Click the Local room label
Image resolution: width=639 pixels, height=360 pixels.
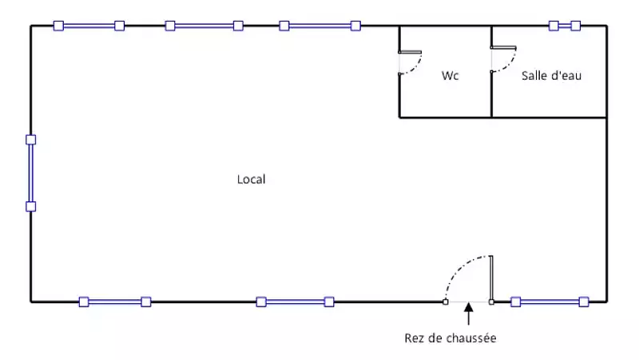pos(251,180)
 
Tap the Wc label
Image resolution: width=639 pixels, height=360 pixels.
pos(449,76)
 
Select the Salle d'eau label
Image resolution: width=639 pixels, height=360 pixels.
pos(551,76)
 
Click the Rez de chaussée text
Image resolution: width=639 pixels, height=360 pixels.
pos(450,338)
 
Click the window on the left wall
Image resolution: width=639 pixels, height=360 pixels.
pos(31,173)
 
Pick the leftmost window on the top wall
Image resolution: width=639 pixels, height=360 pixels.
pos(89,26)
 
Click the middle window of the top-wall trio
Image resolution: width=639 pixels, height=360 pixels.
pos(204,26)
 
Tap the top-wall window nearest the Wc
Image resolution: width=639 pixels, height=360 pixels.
pos(319,26)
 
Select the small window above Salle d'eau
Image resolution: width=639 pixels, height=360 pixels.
pos(565,26)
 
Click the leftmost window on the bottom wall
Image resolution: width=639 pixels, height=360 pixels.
pos(115,302)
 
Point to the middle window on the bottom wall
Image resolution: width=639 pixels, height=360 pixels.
pos(295,302)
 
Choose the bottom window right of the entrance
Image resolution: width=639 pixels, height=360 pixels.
pos(550,302)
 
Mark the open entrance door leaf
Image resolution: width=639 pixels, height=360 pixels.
pos(491,279)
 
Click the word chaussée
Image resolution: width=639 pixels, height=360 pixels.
pos(471,338)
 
